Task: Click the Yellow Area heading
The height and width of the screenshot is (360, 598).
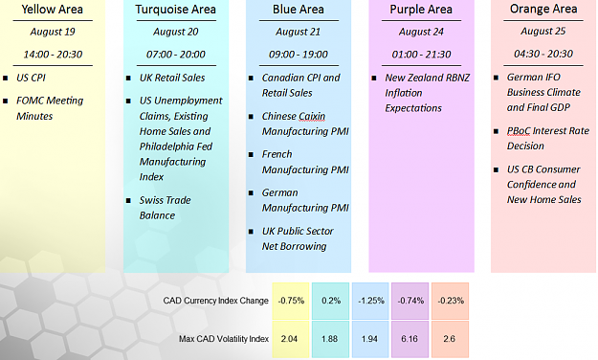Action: [53, 10]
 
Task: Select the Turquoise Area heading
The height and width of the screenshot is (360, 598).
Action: [175, 10]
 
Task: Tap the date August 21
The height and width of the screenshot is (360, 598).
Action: [299, 32]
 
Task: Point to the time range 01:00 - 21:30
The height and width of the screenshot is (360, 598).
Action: [421, 55]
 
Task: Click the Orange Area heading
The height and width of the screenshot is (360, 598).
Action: [543, 9]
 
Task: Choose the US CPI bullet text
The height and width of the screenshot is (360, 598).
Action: [31, 78]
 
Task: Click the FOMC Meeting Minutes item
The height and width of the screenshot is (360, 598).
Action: [50, 108]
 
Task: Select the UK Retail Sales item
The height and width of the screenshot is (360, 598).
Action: [172, 78]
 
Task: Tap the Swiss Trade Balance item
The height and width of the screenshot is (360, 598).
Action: [165, 208]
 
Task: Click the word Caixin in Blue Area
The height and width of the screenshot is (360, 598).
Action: [309, 116]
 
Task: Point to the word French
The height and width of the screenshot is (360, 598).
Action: [277, 154]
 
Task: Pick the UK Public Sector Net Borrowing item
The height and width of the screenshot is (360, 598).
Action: [298, 238]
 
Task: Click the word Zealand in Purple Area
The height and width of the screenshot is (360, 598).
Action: [428, 78]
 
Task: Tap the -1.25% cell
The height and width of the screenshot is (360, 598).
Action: [370, 301]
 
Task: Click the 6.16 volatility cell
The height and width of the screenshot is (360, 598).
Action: [410, 339]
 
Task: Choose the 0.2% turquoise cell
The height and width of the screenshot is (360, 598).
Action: [331, 301]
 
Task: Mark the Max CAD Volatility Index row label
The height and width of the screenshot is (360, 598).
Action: [224, 339]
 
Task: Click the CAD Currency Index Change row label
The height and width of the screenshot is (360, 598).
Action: [216, 301]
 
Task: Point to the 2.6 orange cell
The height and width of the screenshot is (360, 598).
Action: [450, 339]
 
